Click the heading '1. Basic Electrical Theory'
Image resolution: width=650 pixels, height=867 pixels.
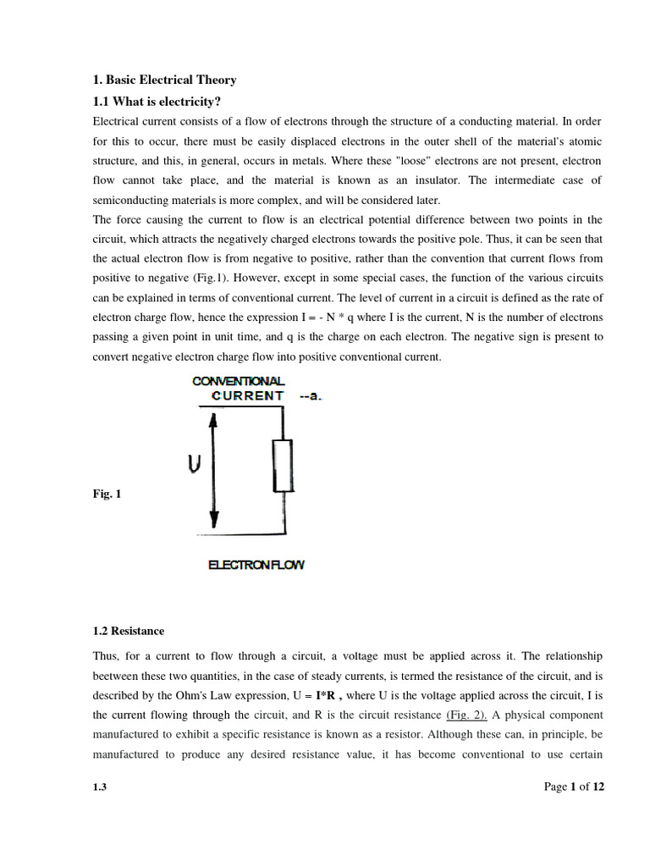[164, 80]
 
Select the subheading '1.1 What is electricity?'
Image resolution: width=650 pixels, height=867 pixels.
[157, 102]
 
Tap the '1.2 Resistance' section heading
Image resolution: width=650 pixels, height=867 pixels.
[129, 631]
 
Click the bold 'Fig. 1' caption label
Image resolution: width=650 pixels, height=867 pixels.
[107, 494]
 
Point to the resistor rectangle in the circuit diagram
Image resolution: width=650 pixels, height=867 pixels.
[283, 466]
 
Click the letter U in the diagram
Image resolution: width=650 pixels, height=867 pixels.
[194, 464]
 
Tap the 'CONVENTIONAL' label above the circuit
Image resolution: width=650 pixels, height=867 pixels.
[239, 381]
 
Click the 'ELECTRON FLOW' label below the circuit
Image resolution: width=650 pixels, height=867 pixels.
[256, 565]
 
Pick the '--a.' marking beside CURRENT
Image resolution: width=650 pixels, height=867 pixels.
[311, 396]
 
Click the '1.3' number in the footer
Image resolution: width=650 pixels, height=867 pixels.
[100, 787]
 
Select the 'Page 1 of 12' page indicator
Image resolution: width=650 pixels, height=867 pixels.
[574, 787]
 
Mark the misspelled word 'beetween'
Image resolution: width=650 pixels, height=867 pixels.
[116, 676]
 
